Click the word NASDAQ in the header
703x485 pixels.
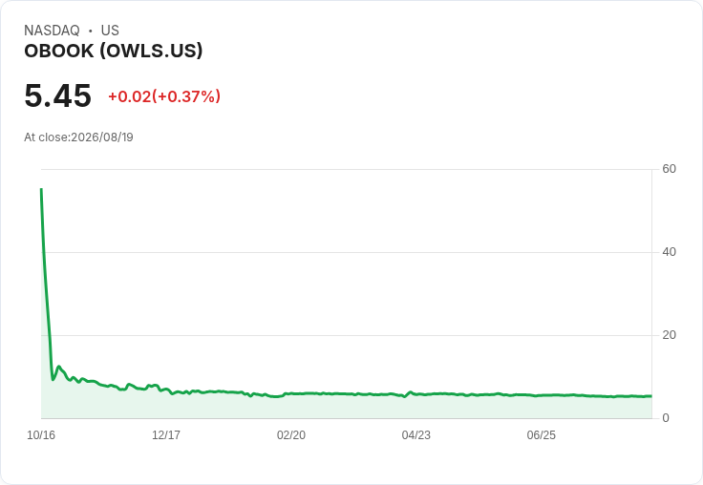click(52, 31)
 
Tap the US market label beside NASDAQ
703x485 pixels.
click(110, 31)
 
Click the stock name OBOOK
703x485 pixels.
click(58, 51)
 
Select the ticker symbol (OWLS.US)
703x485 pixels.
click(151, 51)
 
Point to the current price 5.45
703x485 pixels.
click(58, 95)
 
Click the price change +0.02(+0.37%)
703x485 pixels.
click(164, 96)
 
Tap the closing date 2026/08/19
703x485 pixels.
click(102, 137)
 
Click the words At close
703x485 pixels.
click(46, 137)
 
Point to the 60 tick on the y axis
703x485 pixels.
click(669, 169)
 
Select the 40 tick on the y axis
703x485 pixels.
click(669, 252)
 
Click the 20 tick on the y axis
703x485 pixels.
click(669, 335)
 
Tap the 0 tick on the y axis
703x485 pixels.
click(666, 418)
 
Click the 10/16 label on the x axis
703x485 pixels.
click(41, 435)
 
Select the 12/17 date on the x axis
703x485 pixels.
click(166, 435)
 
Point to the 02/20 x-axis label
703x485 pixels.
click(291, 435)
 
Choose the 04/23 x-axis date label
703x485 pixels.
click(416, 435)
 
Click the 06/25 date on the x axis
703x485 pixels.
click(542, 435)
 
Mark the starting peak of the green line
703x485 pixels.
click(41, 189)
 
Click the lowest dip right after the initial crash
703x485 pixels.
click(53, 380)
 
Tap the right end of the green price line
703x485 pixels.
click(651, 396)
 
